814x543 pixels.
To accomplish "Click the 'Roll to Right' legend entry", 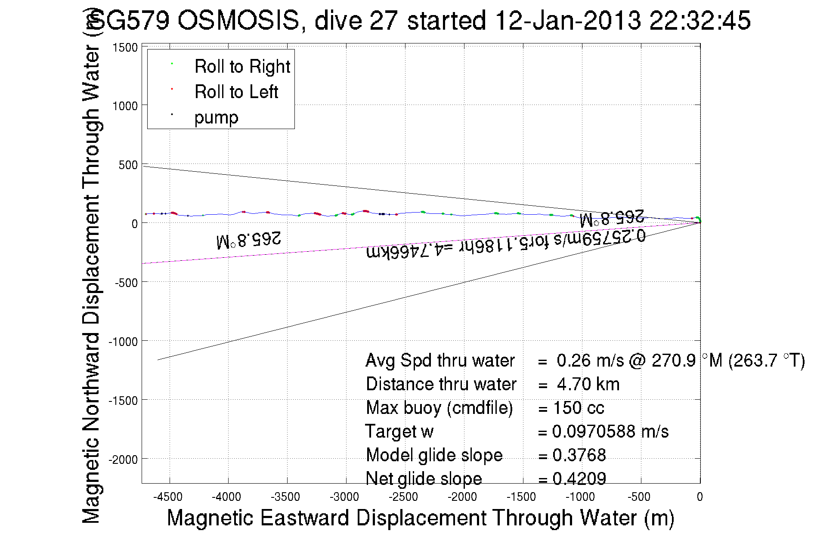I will [242, 67].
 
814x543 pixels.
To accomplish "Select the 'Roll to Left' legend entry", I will [236, 92].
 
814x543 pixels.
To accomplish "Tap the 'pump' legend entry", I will [216, 117].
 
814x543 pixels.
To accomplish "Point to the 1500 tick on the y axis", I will [125, 47].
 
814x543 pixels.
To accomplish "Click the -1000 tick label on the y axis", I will [123, 342].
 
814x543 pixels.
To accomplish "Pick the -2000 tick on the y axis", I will [123, 460].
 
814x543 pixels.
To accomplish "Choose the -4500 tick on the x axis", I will [168, 497].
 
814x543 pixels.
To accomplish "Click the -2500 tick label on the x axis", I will [403, 497].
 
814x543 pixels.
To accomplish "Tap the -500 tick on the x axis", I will [639, 497].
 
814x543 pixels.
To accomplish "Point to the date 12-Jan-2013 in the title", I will [568, 20].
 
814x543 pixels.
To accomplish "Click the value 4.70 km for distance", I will [588, 384].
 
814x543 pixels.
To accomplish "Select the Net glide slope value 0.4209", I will [579, 478].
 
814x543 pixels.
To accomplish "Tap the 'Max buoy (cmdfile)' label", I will [439, 408].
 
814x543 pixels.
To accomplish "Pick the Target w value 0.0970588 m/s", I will [610, 431].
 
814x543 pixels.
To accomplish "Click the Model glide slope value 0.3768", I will [579, 455].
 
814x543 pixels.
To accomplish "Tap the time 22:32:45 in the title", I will [700, 20].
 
